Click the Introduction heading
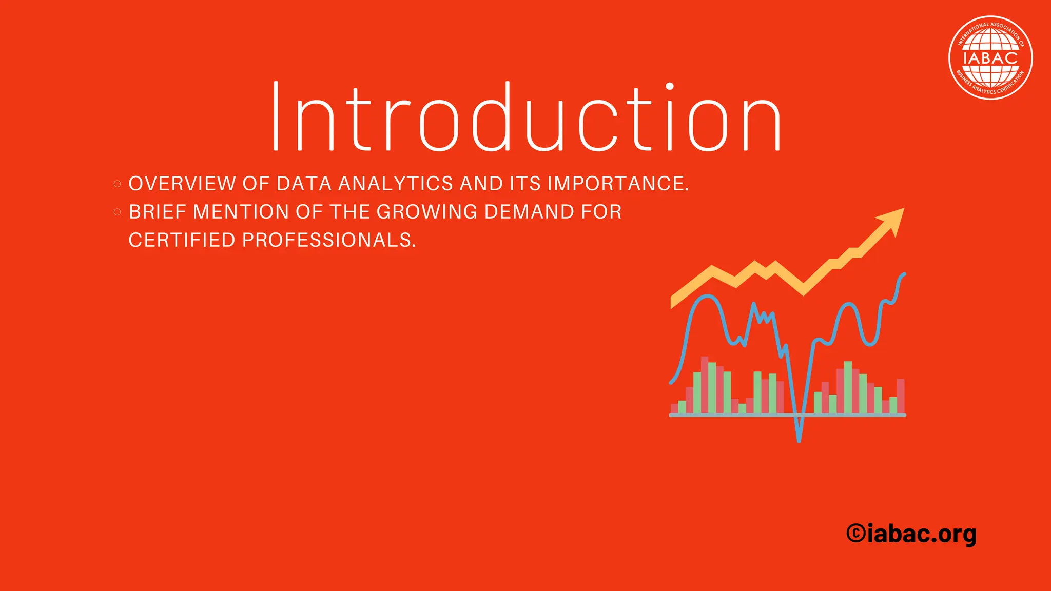tap(526, 117)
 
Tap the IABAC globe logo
tap(990, 57)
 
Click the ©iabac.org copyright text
tap(911, 535)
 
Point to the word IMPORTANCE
tap(618, 184)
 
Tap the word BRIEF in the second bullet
tap(158, 212)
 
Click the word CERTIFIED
tap(182, 240)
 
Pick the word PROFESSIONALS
tap(328, 240)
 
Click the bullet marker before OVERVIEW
tap(117, 184)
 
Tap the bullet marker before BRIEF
tap(117, 212)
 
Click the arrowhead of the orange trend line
tap(893, 220)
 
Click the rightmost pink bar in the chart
tap(901, 396)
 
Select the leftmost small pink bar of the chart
tap(674, 408)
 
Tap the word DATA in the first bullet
tap(304, 184)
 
